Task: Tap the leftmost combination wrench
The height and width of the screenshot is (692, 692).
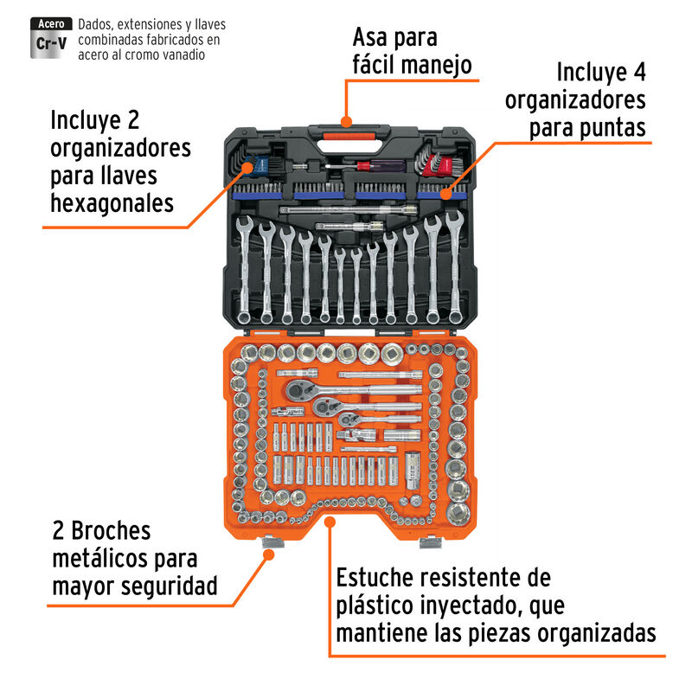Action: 246,268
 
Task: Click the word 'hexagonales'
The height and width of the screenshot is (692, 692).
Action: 112,204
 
